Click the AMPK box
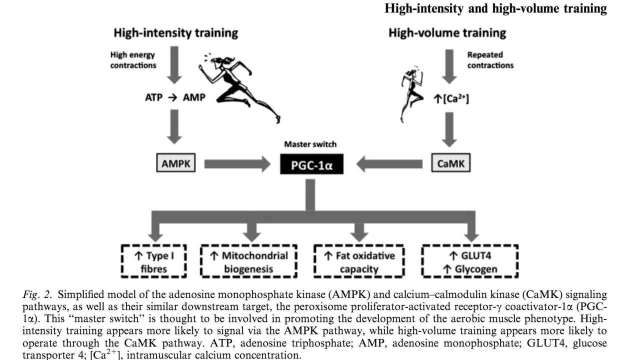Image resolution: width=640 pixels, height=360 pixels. click(175, 163)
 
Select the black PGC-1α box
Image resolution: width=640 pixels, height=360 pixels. click(311, 164)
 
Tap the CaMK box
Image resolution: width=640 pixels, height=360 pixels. click(451, 163)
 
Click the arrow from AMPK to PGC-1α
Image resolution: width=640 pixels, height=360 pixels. click(237, 164)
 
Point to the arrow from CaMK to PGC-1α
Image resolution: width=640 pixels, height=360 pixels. click(389, 164)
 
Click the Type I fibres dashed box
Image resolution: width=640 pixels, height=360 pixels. click(153, 261)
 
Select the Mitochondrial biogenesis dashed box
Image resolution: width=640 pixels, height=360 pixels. click(248, 261)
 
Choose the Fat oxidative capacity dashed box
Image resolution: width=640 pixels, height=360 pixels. click(359, 261)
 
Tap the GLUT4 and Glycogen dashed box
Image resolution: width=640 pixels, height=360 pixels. click(470, 261)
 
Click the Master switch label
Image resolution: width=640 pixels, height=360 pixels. click(310, 144)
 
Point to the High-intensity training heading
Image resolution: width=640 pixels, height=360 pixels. click(175, 33)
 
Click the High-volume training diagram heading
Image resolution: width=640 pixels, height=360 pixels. click(447, 33)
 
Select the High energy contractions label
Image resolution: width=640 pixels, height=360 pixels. click(133, 60)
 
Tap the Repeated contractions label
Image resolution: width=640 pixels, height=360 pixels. click(490, 60)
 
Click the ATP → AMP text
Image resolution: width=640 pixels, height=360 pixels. click(175, 97)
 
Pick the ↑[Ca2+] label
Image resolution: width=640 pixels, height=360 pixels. click(451, 99)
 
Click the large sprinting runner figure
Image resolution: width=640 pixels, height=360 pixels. click(239, 88)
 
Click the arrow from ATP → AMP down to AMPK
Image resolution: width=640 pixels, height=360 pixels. click(174, 127)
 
